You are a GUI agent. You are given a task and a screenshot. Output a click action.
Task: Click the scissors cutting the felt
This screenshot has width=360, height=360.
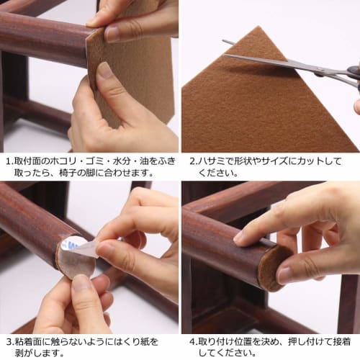pyautogui.click(x=288, y=64)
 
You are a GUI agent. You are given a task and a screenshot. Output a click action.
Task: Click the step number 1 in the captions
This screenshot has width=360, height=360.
pyautogui.click(x=7, y=161)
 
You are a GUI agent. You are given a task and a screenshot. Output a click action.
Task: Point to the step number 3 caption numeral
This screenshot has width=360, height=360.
pyautogui.click(x=7, y=342)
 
